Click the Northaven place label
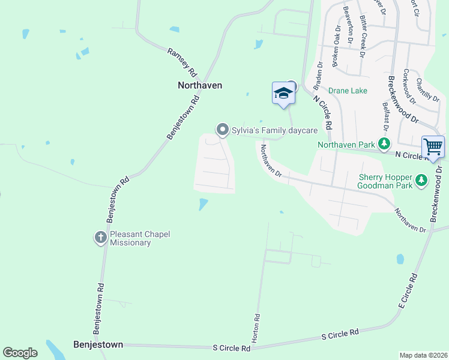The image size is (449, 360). [x=200, y=85]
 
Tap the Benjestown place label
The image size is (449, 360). [x=98, y=345]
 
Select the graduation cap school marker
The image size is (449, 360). [x=283, y=94]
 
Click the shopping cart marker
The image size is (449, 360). [x=432, y=146]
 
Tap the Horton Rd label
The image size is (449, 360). [x=257, y=328]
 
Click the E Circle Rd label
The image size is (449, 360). [x=408, y=292]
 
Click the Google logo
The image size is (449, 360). [x=20, y=353]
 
